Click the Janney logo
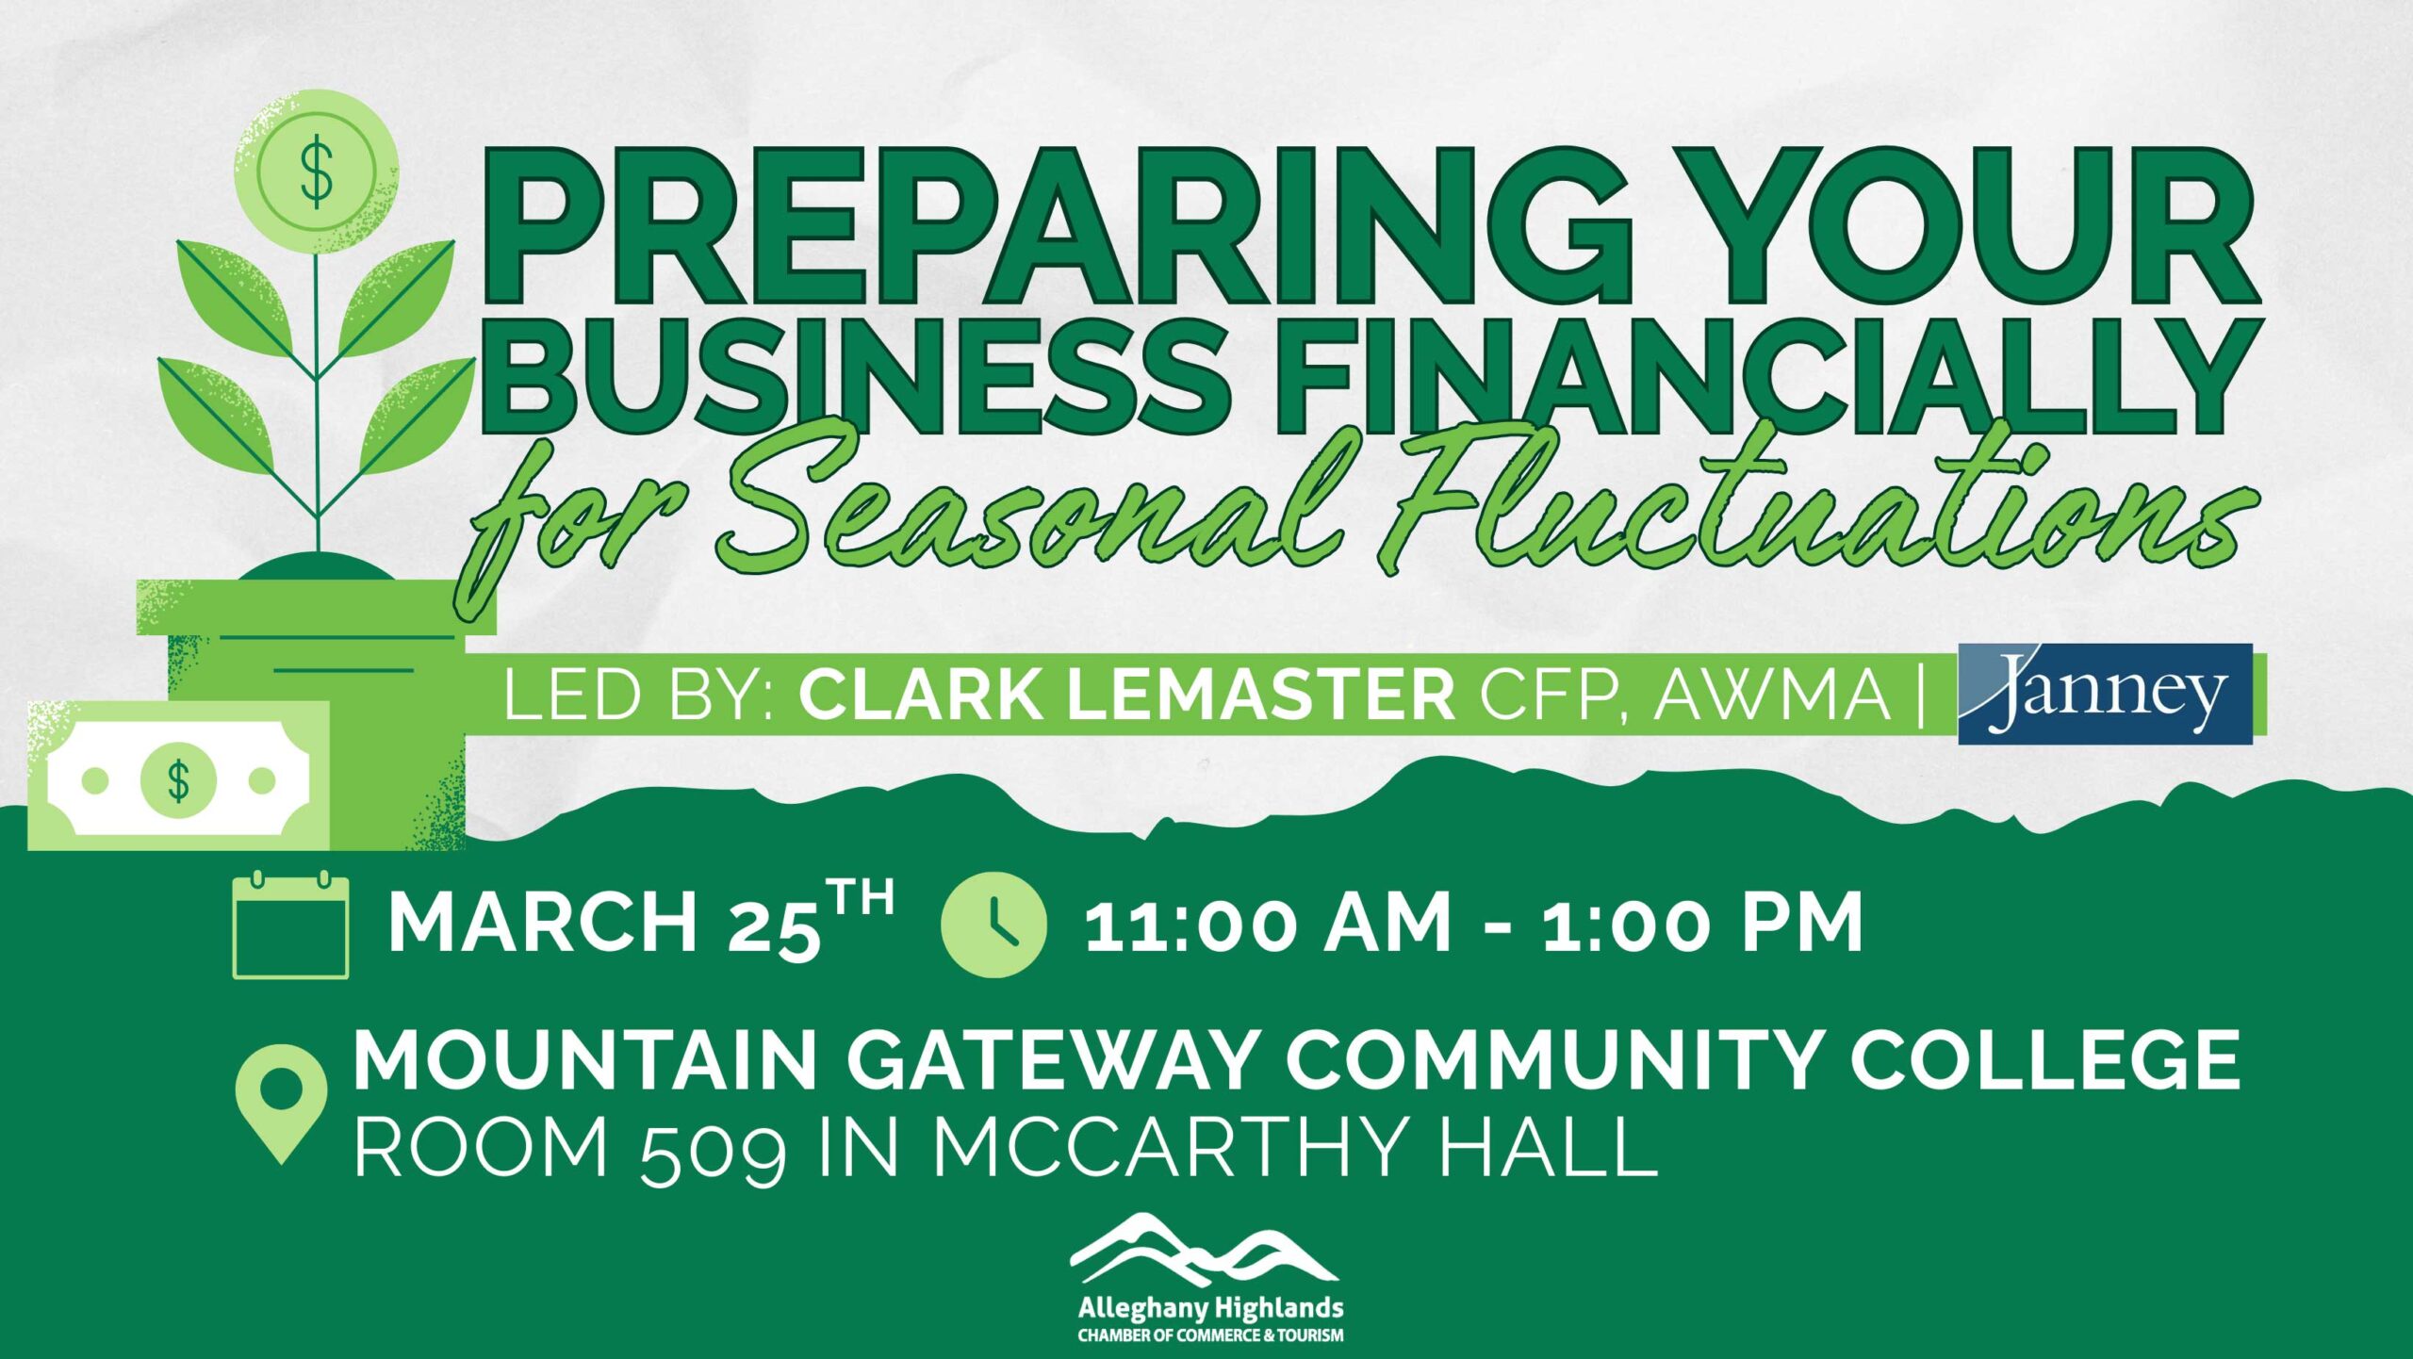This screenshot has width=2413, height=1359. [x=2105, y=694]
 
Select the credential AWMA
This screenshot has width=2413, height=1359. [x=1773, y=696]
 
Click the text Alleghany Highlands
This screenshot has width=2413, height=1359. [x=1210, y=1308]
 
